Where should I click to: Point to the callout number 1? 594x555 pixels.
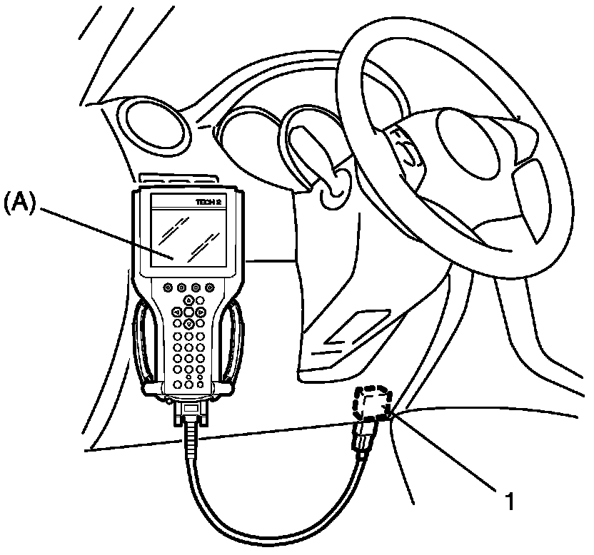509,501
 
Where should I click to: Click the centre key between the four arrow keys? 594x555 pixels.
188,312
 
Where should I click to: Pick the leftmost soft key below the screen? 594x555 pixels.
168,287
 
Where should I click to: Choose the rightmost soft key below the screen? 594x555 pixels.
210,287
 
